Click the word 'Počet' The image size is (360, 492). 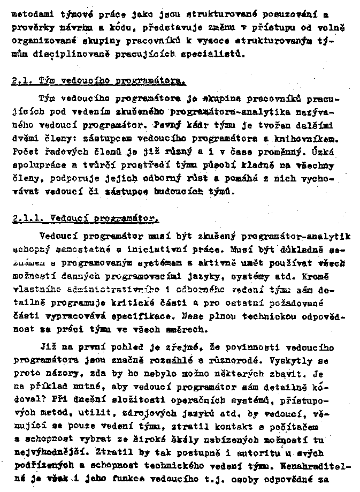pyautogui.click(x=22, y=150)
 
